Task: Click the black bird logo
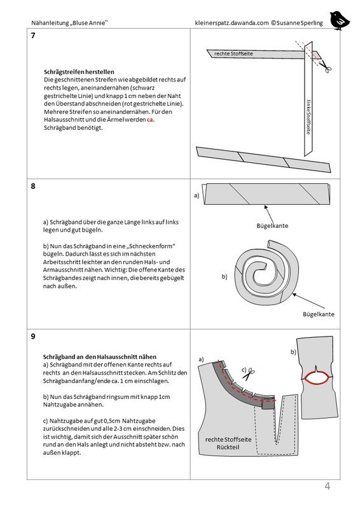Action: (x=340, y=20)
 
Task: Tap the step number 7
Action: (x=33, y=36)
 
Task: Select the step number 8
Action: (x=33, y=186)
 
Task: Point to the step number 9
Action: (x=33, y=337)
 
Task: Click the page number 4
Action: (x=327, y=486)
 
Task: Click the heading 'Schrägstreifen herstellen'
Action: (x=79, y=72)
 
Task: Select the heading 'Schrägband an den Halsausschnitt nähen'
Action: (x=100, y=357)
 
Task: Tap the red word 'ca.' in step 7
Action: (x=150, y=120)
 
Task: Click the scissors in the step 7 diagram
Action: (x=326, y=67)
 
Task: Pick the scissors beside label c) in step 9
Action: (x=249, y=374)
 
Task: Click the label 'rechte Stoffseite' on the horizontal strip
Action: (x=233, y=53)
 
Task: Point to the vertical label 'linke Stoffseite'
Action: (x=308, y=117)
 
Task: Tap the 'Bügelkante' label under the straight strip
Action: (x=272, y=226)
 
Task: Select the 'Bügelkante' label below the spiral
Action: (x=319, y=314)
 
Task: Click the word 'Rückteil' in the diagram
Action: (x=228, y=447)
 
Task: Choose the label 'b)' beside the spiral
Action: (x=225, y=277)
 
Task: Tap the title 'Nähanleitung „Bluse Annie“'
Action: (x=69, y=23)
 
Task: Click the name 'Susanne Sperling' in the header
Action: (x=300, y=23)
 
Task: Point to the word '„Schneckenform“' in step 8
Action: (x=152, y=246)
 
